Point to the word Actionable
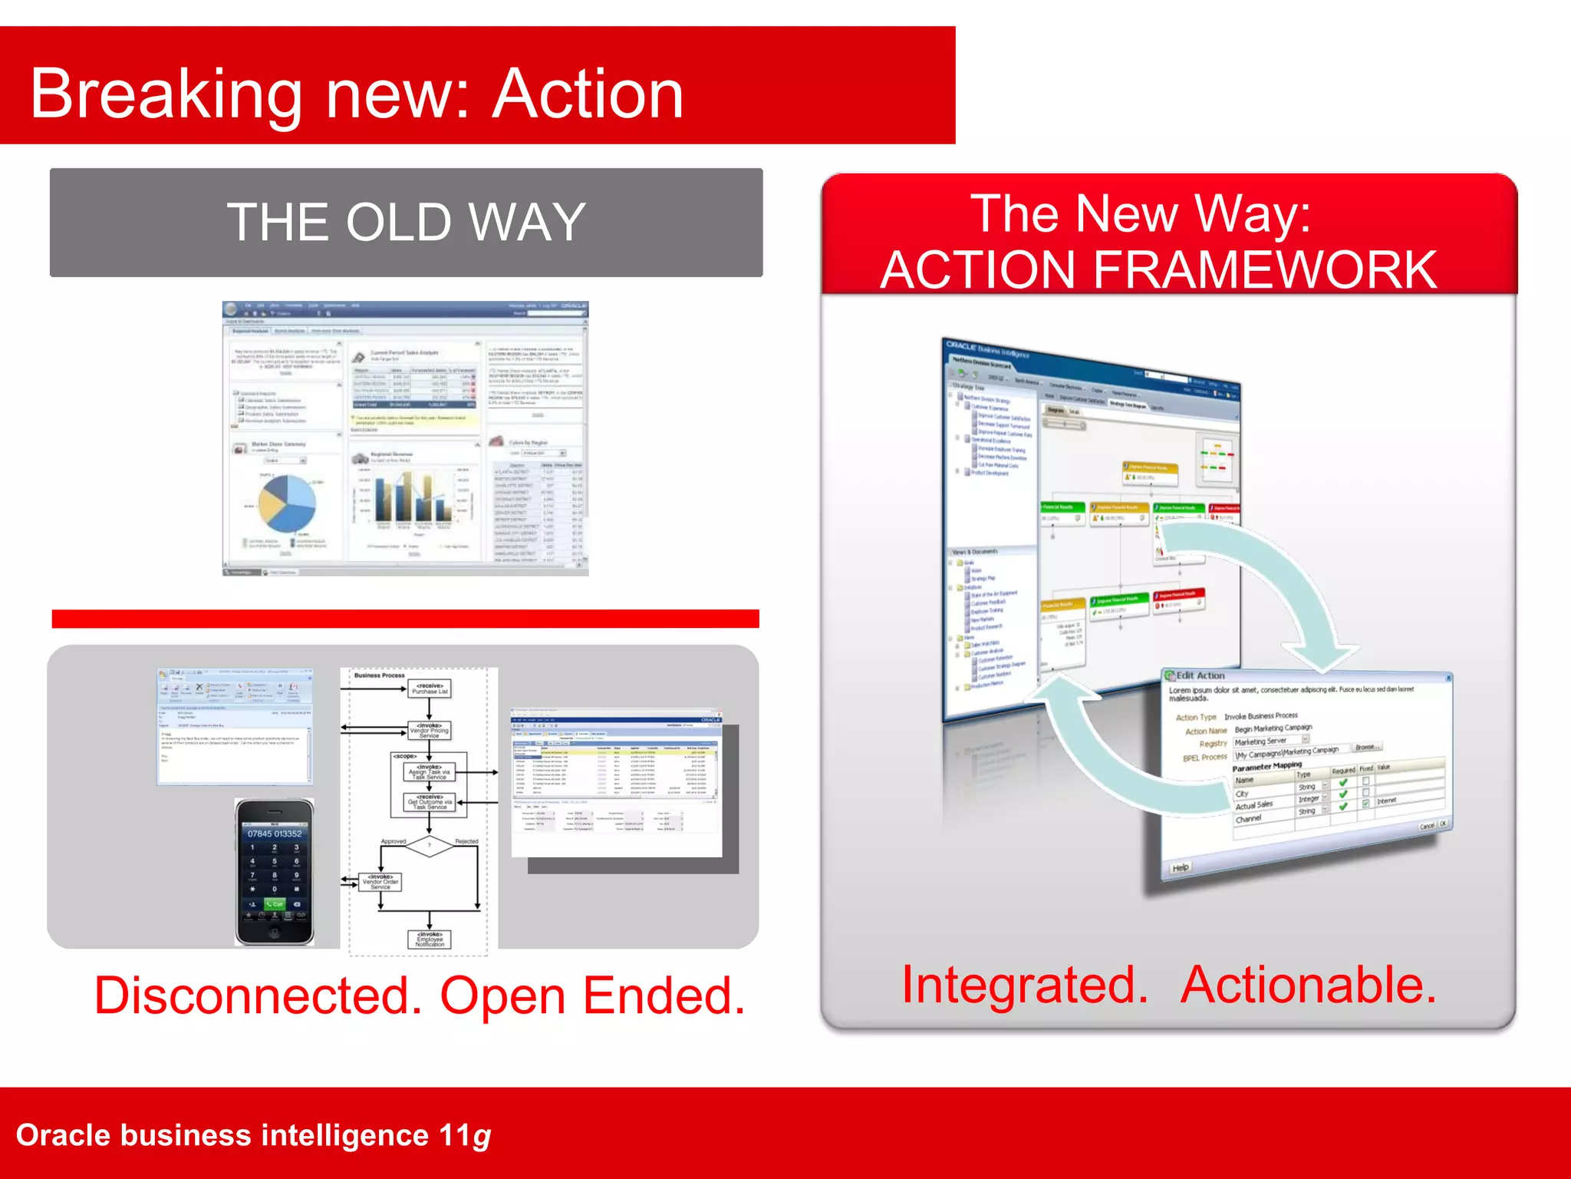point(1308,985)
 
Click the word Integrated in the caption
point(1025,985)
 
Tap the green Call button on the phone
point(275,904)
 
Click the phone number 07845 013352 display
point(275,834)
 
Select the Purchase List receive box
point(430,689)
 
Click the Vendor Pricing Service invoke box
point(430,730)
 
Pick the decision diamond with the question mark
point(430,846)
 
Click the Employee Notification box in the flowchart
point(430,940)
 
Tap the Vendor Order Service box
point(380,882)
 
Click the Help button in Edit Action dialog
point(1180,867)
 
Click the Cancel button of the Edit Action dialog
point(1426,826)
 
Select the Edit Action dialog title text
point(1200,675)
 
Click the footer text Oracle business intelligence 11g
point(253,1135)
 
